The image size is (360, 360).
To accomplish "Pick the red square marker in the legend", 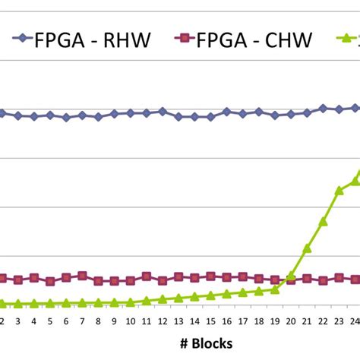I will point(182,39).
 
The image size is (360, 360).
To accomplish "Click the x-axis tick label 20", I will point(291,321).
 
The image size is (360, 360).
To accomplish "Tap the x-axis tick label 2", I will point(2,321).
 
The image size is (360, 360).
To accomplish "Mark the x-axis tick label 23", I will point(339,321).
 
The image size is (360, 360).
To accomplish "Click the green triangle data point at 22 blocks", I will point(323,222).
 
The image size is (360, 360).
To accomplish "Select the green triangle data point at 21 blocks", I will point(307,248).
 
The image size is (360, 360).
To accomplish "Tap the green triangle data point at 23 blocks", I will point(339,191).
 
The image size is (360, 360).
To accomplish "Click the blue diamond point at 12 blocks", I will point(162,112).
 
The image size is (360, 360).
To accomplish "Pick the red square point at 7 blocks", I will point(82,276).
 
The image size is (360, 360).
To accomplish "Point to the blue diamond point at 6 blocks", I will point(66,118).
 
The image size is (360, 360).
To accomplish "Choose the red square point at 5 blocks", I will point(50,281).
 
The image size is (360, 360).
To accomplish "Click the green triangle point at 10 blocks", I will point(130,302).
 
